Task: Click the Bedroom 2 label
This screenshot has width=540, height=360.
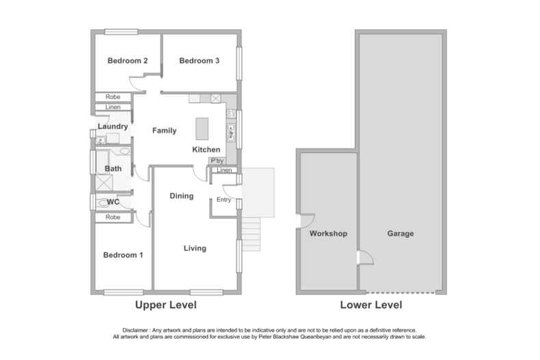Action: tap(128, 61)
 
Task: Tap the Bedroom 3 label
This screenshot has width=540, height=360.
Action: tap(199, 61)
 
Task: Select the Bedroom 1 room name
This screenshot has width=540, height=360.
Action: tap(123, 255)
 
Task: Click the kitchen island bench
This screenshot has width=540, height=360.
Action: tap(202, 128)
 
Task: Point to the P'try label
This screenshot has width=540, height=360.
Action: tap(217, 161)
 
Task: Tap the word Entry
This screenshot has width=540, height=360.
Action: tap(224, 199)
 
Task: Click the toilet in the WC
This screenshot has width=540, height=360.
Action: tap(96, 202)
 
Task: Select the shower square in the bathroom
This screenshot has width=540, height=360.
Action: tap(105, 183)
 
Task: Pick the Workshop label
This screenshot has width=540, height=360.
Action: tap(329, 234)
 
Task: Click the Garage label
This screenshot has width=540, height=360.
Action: tap(401, 234)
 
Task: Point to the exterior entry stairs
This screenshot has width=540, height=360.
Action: tap(252, 226)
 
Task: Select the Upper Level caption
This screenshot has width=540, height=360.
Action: tap(165, 305)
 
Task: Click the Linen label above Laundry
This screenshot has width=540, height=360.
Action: tap(113, 108)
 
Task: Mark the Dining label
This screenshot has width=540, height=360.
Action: tap(181, 196)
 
